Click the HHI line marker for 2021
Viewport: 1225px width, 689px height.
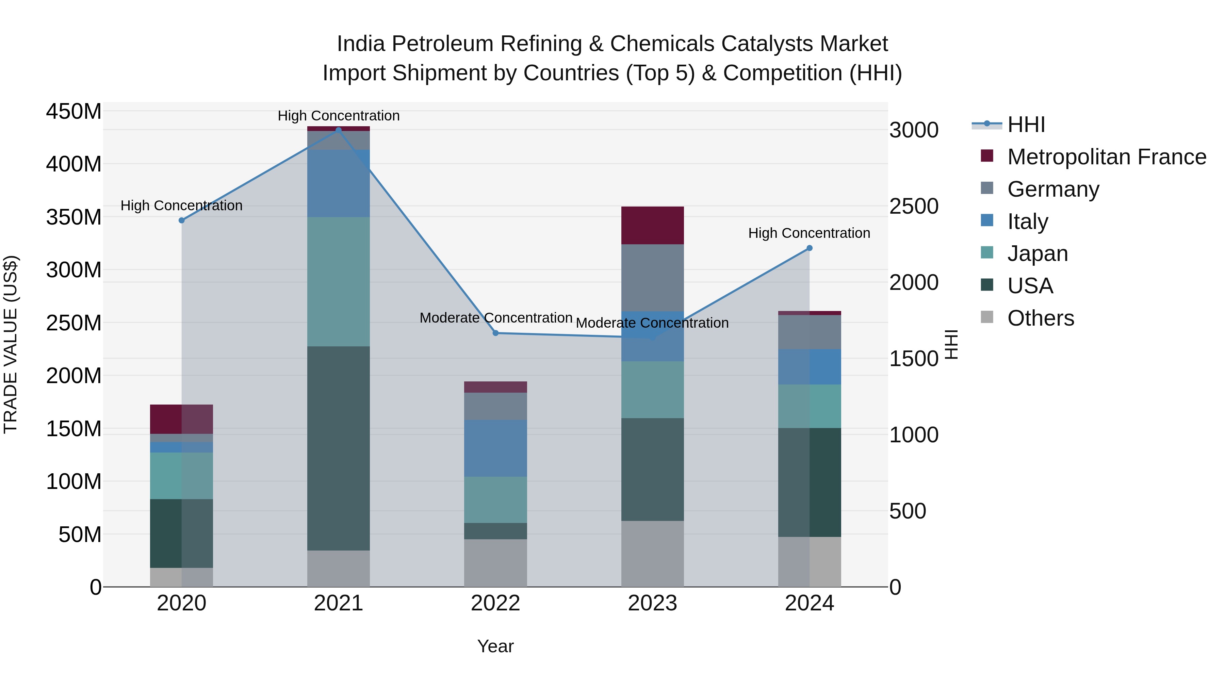coord(338,130)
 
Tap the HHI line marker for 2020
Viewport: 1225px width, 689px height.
coord(181,220)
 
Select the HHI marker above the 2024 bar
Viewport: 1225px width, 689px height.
coord(810,248)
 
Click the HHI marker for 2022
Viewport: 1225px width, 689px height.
coord(495,333)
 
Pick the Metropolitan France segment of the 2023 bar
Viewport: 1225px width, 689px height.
coord(652,225)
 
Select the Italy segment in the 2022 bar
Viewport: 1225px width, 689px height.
coord(495,448)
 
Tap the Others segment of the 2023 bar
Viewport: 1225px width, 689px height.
coord(652,554)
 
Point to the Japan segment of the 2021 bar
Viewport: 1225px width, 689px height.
coord(338,281)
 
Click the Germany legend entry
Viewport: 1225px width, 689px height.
coord(1053,189)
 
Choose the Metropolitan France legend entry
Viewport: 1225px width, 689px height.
coord(1106,157)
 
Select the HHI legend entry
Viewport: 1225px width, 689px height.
coord(1026,125)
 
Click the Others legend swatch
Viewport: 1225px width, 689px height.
coord(987,317)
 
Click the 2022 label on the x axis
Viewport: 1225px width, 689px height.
coord(495,603)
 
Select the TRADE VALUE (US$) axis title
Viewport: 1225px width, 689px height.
coord(11,344)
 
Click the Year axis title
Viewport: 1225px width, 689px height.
coord(495,646)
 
